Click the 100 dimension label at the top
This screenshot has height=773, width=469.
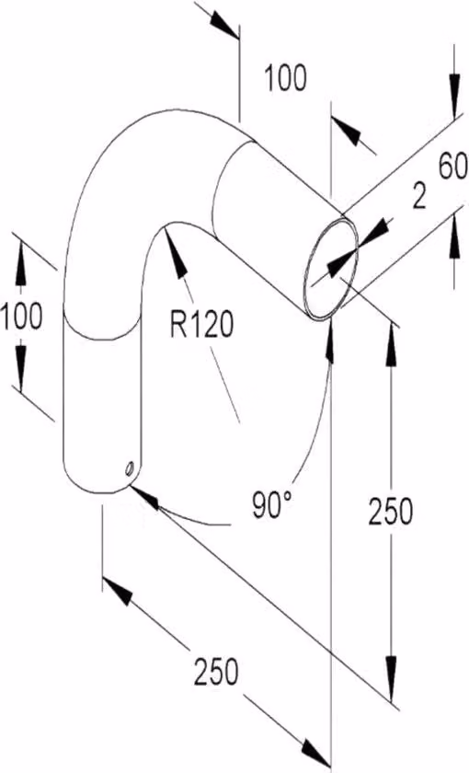click(x=286, y=78)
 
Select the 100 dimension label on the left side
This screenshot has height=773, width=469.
click(x=21, y=316)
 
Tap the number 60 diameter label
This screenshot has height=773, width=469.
click(x=452, y=167)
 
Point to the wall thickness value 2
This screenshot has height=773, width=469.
click(x=418, y=197)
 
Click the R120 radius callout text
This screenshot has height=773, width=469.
click(x=201, y=326)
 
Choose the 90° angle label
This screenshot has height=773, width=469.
click(x=271, y=505)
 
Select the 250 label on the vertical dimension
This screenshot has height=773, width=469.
click(x=390, y=512)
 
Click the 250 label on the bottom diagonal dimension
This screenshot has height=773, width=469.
click(x=216, y=672)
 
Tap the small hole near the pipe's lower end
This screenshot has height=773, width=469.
click(x=130, y=467)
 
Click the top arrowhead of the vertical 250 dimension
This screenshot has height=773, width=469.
click(x=391, y=345)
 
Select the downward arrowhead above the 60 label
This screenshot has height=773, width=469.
click(x=454, y=97)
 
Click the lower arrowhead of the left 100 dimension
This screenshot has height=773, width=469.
click(x=20, y=367)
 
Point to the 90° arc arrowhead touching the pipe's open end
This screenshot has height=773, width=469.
click(x=329, y=340)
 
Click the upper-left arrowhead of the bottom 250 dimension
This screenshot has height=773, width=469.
click(x=118, y=591)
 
